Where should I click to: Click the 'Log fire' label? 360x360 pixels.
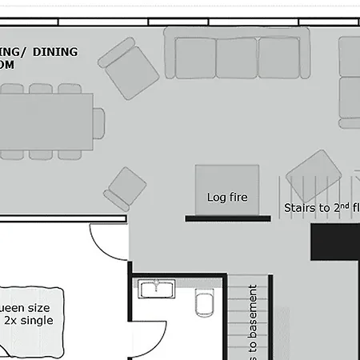227,198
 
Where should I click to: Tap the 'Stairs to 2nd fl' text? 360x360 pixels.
321,208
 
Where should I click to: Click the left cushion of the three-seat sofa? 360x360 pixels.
194,58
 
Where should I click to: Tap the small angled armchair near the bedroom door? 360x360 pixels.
126,189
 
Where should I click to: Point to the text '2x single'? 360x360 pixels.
29,320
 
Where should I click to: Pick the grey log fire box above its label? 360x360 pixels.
227,181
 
